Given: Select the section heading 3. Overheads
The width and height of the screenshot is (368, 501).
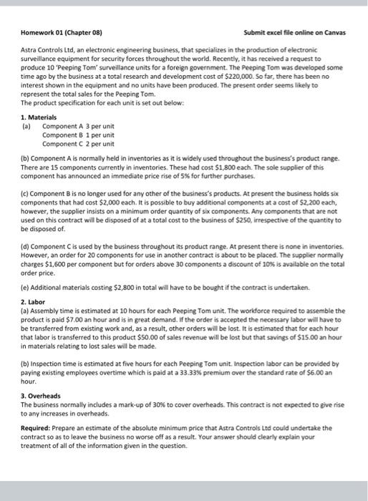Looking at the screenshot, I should tap(42, 396).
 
